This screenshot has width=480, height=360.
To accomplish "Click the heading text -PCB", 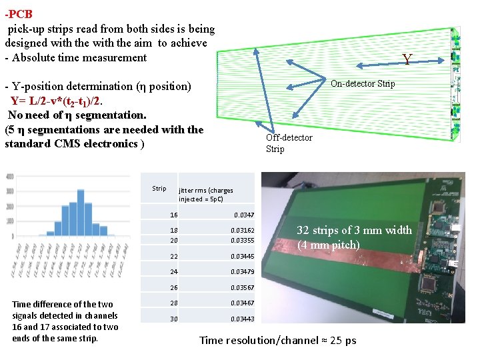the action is (x=19, y=14).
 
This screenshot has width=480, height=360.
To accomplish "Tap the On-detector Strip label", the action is (x=363, y=83).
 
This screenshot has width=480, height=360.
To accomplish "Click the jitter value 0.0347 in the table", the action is (x=243, y=215).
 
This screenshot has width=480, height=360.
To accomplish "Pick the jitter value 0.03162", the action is (x=242, y=231).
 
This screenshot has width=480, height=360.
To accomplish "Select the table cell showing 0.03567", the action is (x=242, y=287).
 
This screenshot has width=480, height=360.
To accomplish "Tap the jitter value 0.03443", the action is (x=242, y=319).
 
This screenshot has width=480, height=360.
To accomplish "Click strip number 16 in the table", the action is (x=173, y=215).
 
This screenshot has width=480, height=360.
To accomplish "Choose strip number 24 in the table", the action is (x=173, y=272).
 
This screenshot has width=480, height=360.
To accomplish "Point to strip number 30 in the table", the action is (x=173, y=319).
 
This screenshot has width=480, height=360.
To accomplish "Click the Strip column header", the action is (x=159, y=188).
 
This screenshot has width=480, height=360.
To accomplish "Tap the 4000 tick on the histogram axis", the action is (x=9, y=177).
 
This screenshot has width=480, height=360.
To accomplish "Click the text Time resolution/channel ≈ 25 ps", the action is (x=277, y=341).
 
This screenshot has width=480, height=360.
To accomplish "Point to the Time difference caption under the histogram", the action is (x=65, y=321).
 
